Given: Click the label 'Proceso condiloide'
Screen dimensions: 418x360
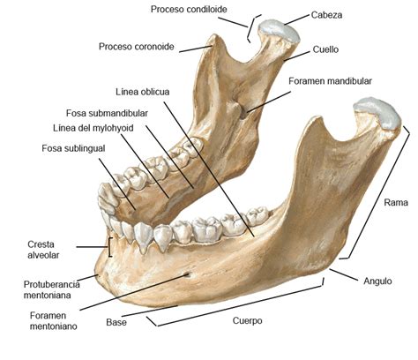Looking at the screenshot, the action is [x=189, y=10].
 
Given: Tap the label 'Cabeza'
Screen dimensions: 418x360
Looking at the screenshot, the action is [x=326, y=15].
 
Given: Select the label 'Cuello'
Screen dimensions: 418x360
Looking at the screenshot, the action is [x=325, y=49].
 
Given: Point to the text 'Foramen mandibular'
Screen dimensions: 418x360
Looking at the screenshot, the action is [x=330, y=81].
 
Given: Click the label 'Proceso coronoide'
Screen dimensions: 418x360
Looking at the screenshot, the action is [x=137, y=47].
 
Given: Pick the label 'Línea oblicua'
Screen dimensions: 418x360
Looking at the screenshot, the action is [x=143, y=92].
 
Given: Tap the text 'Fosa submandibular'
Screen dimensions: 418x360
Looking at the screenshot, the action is [x=107, y=113].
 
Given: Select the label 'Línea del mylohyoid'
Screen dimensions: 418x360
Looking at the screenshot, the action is [x=93, y=128].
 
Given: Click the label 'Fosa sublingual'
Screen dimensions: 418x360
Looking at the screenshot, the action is [x=73, y=148].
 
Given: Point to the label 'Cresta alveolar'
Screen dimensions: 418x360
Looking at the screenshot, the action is [x=43, y=250].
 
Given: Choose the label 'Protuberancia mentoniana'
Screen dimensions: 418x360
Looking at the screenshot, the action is [x=51, y=289].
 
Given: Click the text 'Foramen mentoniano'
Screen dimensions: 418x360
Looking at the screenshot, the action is [x=54, y=321].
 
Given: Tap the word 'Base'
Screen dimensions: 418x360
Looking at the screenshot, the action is [x=116, y=322].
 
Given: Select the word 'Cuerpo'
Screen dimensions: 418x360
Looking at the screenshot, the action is [x=247, y=320].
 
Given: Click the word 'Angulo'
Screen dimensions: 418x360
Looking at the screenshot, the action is [x=377, y=281].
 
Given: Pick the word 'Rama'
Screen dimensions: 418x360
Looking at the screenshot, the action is [x=396, y=202].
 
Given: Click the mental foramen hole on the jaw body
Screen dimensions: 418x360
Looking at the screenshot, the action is [x=187, y=274].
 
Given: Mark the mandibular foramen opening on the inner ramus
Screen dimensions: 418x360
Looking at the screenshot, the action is [x=243, y=113].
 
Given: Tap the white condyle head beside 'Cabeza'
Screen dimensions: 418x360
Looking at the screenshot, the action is [x=279, y=29].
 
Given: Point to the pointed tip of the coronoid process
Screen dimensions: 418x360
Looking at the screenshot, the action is [x=215, y=35].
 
